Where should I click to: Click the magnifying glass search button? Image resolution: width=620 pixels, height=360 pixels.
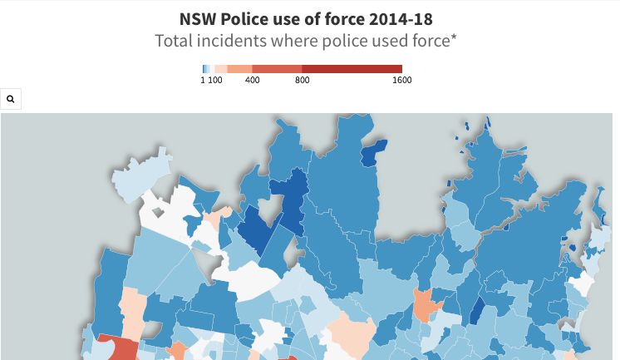click(11, 99)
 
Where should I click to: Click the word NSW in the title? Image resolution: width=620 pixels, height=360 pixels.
click(198, 18)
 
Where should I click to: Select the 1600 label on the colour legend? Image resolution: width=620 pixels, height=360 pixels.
click(401, 81)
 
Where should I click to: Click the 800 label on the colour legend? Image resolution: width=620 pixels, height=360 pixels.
click(302, 81)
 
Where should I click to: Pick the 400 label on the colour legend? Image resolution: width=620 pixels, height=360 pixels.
click(253, 81)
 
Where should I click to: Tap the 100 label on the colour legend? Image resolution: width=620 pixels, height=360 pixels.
click(215, 81)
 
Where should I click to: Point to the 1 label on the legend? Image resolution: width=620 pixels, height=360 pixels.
click(203, 81)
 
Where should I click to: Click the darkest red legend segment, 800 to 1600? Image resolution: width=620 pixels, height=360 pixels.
click(352, 69)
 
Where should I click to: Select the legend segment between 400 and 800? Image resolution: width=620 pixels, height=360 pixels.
click(277, 69)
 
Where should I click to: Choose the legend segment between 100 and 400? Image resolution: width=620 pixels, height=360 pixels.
click(239, 69)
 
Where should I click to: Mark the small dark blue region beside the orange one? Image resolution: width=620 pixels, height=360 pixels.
click(477, 313)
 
